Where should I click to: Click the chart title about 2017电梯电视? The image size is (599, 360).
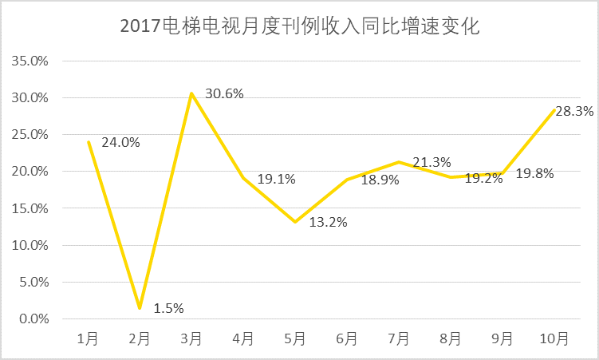[x=299, y=26]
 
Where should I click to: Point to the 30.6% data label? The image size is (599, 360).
[x=224, y=93]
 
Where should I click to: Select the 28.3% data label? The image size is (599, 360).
[x=574, y=112]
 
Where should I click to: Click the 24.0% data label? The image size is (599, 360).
[x=121, y=143]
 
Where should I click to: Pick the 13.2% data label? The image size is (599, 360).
[x=328, y=222]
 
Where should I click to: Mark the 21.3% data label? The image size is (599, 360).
[x=432, y=163]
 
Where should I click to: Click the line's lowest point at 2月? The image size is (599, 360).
[x=140, y=307]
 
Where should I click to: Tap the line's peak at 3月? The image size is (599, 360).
[x=191, y=93]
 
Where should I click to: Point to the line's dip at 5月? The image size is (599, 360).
[x=295, y=222]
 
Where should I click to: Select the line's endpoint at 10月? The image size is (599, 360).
[x=554, y=110]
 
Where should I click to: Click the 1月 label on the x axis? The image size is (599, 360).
[x=88, y=338]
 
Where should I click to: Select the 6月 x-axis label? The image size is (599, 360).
[x=347, y=338]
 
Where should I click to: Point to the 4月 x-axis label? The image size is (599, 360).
[x=243, y=338]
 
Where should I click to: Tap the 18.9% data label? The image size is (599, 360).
[x=380, y=180]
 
